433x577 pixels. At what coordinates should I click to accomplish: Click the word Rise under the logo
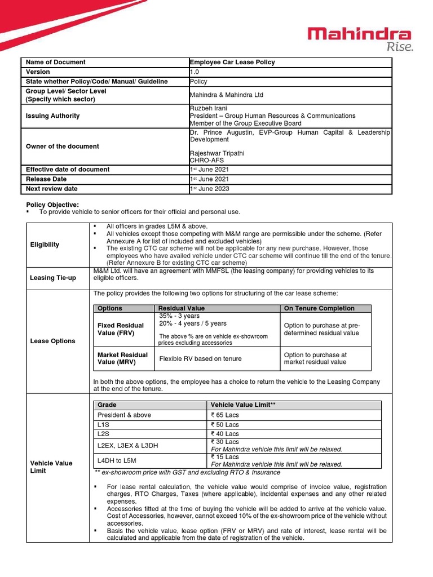click(x=399, y=47)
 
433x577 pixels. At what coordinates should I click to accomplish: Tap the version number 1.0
click(x=194, y=72)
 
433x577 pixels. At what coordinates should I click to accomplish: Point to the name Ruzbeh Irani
click(x=209, y=108)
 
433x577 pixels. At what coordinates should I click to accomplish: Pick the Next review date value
click(x=210, y=189)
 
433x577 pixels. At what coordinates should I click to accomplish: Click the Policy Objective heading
click(x=53, y=204)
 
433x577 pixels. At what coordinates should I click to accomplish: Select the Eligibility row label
click(x=45, y=245)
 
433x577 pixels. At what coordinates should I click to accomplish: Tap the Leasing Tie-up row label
click(x=52, y=278)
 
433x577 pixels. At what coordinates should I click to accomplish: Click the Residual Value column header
click(x=182, y=308)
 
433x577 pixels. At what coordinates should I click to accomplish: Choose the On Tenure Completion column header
click(x=319, y=308)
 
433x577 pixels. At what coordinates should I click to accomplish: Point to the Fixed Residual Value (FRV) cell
click(x=121, y=329)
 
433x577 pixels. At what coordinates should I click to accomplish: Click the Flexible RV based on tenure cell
click(x=200, y=358)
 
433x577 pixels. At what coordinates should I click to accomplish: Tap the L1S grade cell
click(x=103, y=424)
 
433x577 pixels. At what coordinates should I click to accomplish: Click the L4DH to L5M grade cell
click(x=116, y=460)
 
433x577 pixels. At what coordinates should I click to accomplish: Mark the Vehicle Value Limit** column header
click(x=243, y=405)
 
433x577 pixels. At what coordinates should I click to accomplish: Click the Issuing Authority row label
click(x=52, y=116)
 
